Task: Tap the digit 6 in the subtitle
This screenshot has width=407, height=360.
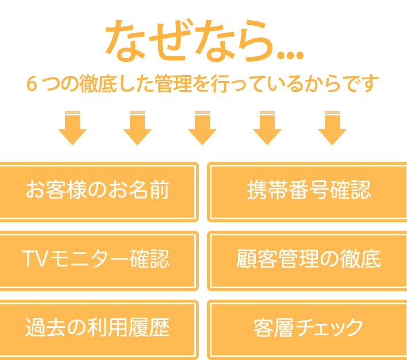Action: click(32, 84)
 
